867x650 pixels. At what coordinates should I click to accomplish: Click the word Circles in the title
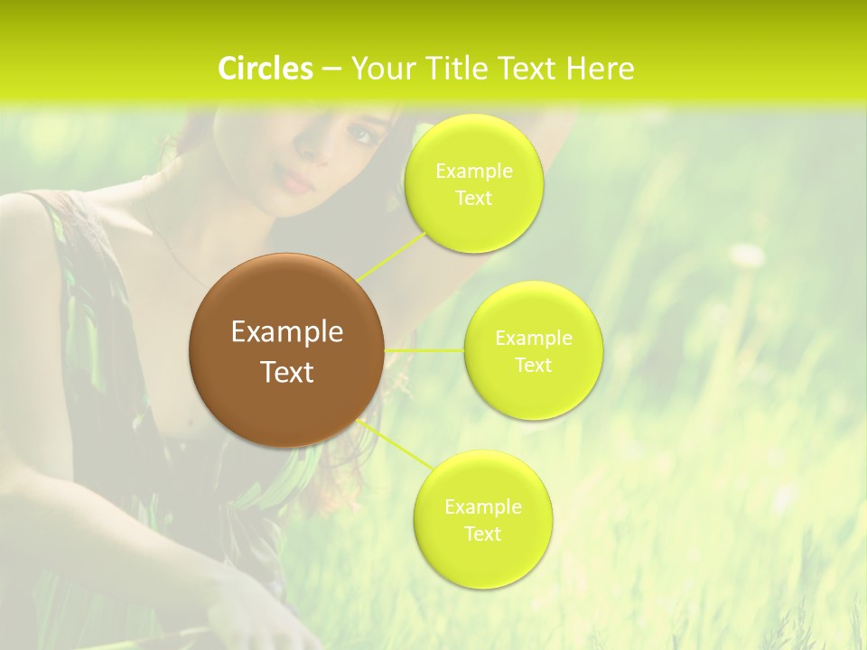pyautogui.click(x=266, y=69)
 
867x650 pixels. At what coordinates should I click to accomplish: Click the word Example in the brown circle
pyautogui.click(x=287, y=332)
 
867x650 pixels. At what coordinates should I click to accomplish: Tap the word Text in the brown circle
pyautogui.click(x=287, y=372)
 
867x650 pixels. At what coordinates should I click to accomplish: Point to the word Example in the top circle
pyautogui.click(x=474, y=172)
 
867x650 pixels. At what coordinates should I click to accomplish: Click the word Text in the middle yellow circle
pyautogui.click(x=534, y=366)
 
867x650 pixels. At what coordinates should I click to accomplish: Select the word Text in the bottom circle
pyautogui.click(x=482, y=534)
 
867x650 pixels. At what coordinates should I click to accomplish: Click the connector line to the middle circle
pyautogui.click(x=424, y=350)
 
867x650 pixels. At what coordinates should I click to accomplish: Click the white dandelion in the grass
pyautogui.click(x=747, y=255)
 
